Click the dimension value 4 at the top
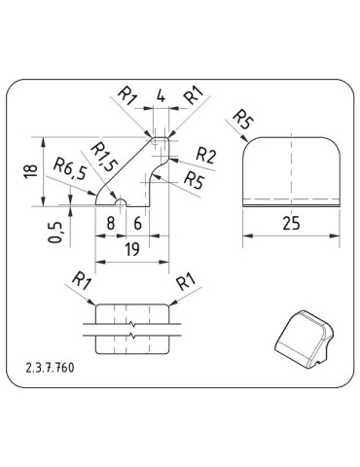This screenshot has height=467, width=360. [x=161, y=97]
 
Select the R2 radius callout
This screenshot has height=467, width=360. [x=205, y=155]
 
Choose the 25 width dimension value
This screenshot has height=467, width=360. [x=290, y=223]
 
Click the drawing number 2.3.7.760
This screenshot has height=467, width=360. [x=54, y=371]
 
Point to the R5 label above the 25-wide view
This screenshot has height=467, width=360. [x=242, y=121]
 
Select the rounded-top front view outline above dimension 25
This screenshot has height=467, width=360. [x=293, y=170]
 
